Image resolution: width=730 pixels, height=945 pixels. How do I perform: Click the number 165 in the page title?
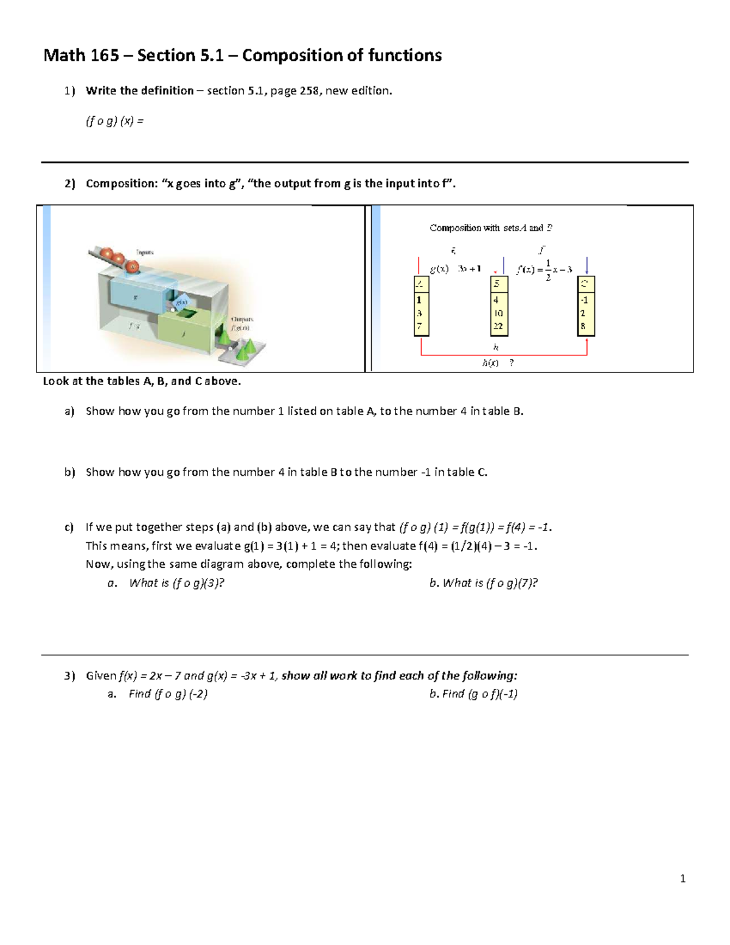(104, 55)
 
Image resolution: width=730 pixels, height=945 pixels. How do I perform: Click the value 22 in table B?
(498, 326)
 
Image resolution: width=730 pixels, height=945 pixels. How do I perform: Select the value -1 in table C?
(584, 300)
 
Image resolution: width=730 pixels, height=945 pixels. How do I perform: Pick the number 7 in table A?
(419, 326)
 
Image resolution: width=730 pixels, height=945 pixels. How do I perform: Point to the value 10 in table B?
(498, 313)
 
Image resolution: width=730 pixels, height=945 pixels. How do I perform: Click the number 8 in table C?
(583, 326)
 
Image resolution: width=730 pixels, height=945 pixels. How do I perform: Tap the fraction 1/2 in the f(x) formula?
(547, 270)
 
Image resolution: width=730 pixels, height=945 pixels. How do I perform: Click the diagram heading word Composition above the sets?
(455, 228)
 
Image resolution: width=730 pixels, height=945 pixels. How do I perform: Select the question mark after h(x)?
(512, 363)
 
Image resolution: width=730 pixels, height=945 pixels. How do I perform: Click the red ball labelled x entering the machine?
(132, 266)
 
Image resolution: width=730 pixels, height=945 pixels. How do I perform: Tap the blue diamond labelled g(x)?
(181, 302)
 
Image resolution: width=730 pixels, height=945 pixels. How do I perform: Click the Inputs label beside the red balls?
(145, 252)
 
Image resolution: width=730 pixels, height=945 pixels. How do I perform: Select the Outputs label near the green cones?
(242, 319)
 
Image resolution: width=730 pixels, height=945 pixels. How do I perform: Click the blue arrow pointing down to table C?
(586, 265)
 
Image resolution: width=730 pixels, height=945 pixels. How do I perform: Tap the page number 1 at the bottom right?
(683, 878)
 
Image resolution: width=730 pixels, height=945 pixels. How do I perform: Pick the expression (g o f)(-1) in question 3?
(492, 694)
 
